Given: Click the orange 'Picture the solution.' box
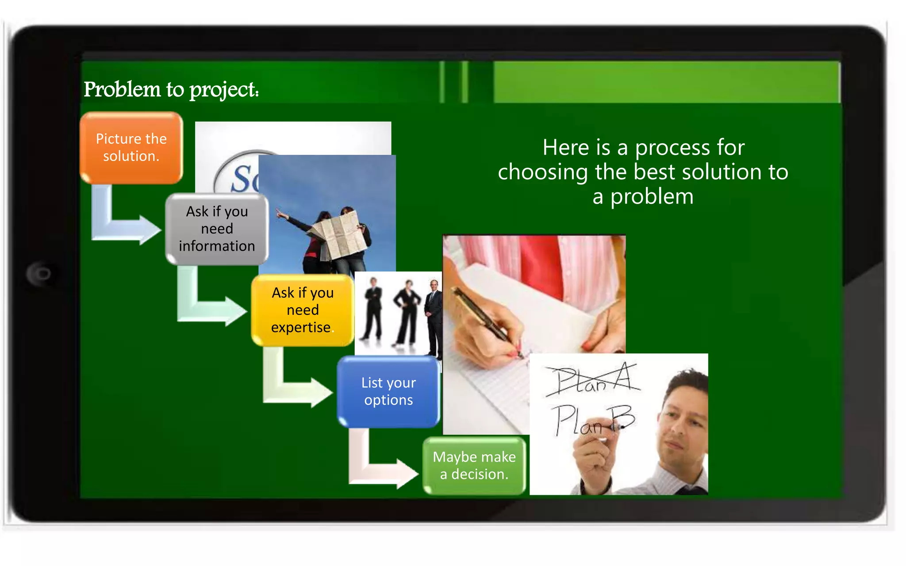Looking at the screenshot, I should pyautogui.click(x=131, y=148).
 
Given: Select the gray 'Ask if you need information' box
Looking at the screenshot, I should pyautogui.click(x=217, y=229).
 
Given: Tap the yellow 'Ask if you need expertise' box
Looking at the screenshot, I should pyautogui.click(x=303, y=310).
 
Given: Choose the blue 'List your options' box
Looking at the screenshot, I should pyautogui.click(x=388, y=391).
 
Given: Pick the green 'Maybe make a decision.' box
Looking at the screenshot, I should pyautogui.click(x=474, y=466).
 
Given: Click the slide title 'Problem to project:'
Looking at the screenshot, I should pyautogui.click(x=171, y=89).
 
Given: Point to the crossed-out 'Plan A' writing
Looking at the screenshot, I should pyautogui.click(x=593, y=379).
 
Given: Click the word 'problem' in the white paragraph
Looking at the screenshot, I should pyautogui.click(x=652, y=197).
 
